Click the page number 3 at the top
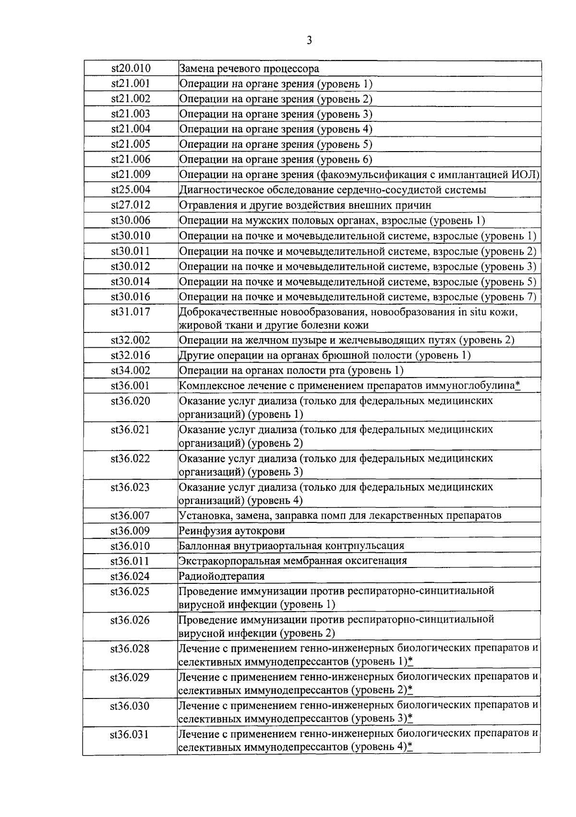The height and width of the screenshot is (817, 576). point(309,40)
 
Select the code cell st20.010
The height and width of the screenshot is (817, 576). point(131,69)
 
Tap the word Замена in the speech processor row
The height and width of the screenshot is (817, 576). point(196,69)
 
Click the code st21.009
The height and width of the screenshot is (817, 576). point(131,174)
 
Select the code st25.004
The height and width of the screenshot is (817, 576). point(131,189)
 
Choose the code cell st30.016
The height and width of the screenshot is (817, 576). point(131,296)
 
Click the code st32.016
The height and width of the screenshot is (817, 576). point(131,355)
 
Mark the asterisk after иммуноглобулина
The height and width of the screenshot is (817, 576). point(517,385)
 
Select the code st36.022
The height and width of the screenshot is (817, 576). point(131,459)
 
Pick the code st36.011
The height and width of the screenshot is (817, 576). point(131,561)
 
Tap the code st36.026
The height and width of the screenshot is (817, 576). point(131,620)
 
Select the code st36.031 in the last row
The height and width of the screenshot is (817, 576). point(131,734)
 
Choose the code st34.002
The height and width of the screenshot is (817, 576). point(131,370)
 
